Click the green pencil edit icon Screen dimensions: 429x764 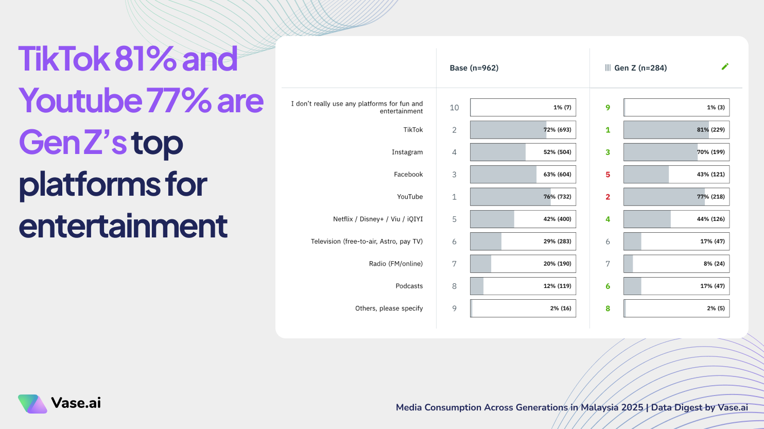point(725,66)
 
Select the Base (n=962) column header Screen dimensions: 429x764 point(474,68)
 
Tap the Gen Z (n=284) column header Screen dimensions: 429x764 point(640,68)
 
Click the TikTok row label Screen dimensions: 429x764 point(413,130)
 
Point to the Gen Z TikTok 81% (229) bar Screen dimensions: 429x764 point(676,130)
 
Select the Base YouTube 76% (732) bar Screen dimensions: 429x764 point(523,197)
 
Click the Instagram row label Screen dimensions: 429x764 point(407,152)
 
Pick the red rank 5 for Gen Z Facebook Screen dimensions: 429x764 point(607,175)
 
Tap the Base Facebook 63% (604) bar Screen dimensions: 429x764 point(523,175)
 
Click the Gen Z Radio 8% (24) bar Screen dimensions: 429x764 point(676,264)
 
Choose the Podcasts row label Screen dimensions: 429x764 point(409,286)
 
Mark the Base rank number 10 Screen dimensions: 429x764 point(454,108)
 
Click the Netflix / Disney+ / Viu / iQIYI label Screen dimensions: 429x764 point(377,219)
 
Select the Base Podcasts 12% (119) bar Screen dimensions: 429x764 point(523,286)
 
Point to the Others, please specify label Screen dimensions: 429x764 point(389,308)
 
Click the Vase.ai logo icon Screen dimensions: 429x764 point(32,404)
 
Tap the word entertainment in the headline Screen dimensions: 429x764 point(123,226)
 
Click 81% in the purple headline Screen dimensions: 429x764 point(145,59)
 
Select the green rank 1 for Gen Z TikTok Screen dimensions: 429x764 point(607,130)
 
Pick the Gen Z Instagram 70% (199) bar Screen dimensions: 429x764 point(676,152)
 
